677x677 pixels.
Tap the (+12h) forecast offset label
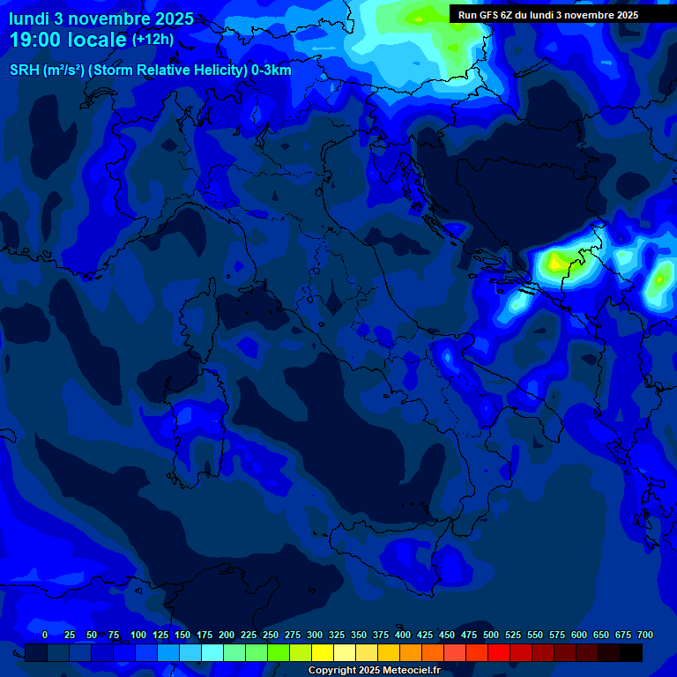[x=153, y=40]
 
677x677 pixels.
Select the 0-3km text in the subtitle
[x=271, y=71]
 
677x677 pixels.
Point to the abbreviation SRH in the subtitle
[x=24, y=71]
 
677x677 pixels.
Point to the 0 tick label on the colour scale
[x=45, y=635]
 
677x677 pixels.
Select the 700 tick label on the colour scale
[x=645, y=635]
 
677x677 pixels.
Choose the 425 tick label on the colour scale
[x=403, y=635]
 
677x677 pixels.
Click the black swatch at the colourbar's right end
[x=631, y=652]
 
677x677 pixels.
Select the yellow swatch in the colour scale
[x=323, y=652]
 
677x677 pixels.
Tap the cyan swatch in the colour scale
[x=212, y=652]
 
